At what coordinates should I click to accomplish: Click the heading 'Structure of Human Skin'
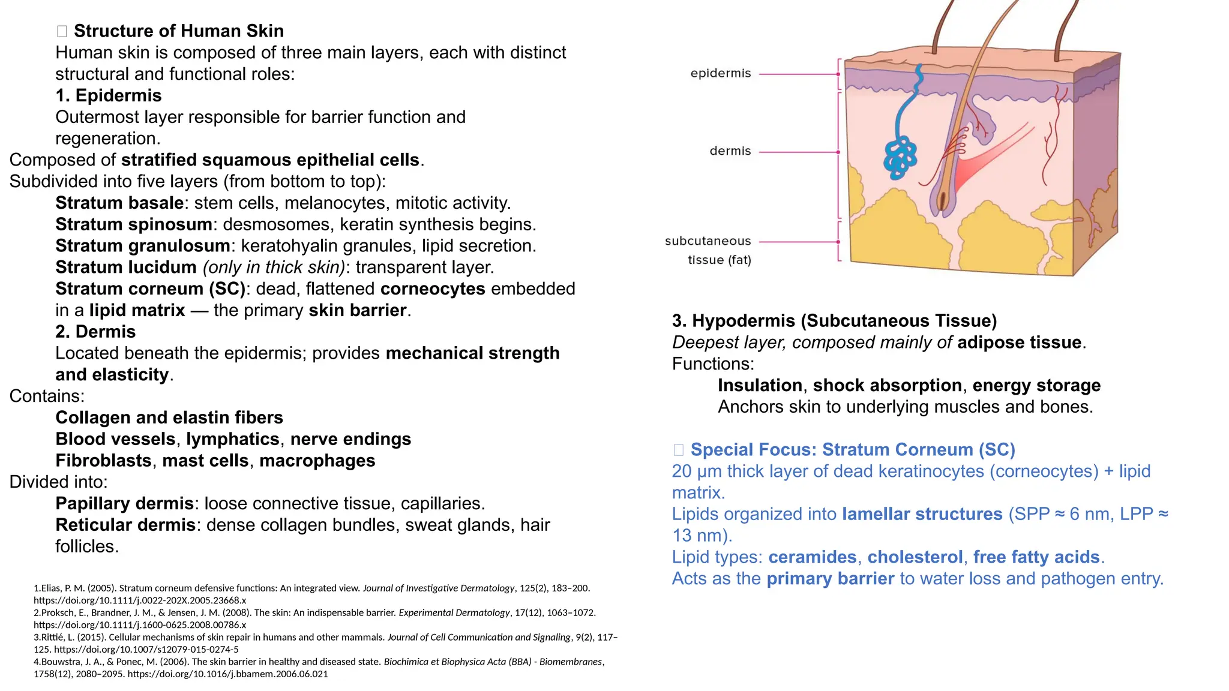pos(178,31)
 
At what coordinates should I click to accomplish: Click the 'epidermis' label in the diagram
pos(720,73)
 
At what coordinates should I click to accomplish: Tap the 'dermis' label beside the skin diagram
pos(730,151)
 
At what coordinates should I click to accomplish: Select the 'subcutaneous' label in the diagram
pos(708,241)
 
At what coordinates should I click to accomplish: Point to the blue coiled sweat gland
pos(900,157)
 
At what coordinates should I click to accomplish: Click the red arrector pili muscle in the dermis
pos(984,156)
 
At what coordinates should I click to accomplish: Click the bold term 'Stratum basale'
pos(119,203)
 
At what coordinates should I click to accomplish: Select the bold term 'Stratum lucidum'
pos(125,268)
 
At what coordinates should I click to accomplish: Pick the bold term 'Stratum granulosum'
pos(143,246)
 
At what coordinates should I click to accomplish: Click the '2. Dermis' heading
pos(95,332)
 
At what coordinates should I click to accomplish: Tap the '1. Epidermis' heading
pos(108,96)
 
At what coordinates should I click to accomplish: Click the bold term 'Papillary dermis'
pos(124,503)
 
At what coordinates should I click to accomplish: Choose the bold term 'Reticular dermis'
pos(125,525)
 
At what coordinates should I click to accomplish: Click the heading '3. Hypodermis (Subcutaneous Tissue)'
pos(834,321)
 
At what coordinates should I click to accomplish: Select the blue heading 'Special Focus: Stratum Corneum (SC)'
pos(852,450)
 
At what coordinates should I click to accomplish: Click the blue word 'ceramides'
pos(812,557)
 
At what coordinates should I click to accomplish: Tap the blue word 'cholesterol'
pos(915,557)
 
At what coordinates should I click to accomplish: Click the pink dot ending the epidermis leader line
pos(838,74)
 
